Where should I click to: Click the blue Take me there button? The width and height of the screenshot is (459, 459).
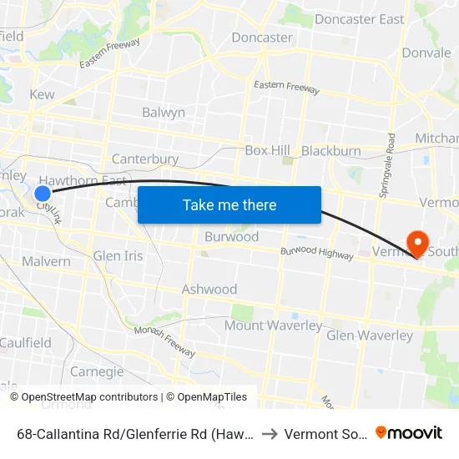[229, 204]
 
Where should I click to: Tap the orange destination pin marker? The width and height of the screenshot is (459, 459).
[415, 243]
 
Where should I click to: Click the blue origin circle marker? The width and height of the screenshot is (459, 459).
[43, 194]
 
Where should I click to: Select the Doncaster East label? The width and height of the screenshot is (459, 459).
[359, 19]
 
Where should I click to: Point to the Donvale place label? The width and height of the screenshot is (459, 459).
[426, 52]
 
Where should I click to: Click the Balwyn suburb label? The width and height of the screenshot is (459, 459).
[164, 112]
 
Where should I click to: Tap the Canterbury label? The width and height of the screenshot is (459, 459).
[145, 159]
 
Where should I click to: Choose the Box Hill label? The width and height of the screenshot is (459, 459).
[267, 150]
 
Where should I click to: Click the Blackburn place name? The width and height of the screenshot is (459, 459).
[330, 150]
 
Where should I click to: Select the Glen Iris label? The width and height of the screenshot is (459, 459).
[119, 255]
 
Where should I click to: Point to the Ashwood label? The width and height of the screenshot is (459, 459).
[209, 289]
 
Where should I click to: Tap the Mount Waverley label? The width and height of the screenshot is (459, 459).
[273, 325]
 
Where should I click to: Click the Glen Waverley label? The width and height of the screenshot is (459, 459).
[370, 335]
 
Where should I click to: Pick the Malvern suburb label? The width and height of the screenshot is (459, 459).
[46, 261]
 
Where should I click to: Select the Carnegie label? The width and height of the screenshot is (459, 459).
[97, 371]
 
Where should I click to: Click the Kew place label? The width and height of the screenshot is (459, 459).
[42, 94]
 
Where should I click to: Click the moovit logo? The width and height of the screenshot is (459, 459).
[409, 432]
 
